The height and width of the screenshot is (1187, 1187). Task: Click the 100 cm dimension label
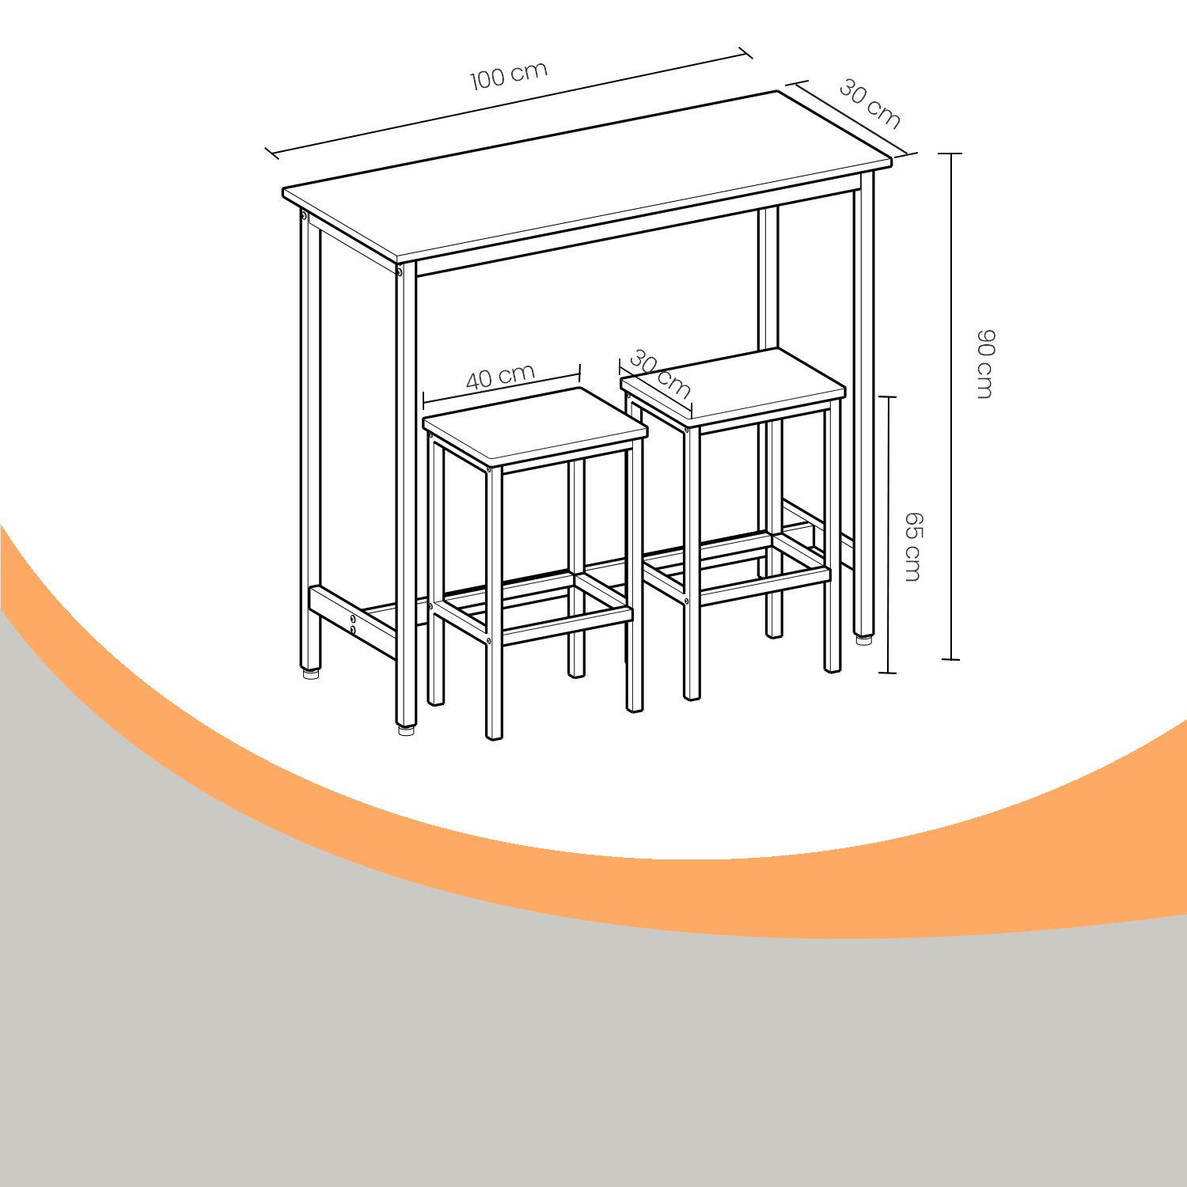509,75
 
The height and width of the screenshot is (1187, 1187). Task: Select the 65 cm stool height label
913,547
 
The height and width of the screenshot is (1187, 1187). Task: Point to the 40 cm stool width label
500,377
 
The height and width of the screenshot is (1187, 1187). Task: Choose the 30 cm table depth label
870,104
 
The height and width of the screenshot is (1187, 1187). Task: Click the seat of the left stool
536,427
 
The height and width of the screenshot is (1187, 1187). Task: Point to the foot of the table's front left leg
406,729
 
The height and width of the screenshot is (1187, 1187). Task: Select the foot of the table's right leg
864,638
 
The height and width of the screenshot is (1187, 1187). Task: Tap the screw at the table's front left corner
399,272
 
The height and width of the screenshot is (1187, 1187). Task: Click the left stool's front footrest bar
567,625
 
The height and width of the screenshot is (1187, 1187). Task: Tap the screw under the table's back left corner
304,215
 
